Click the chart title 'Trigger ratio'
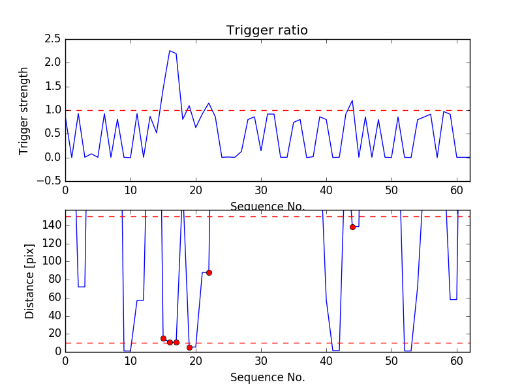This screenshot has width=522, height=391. (267, 31)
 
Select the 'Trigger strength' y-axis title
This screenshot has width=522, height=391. (24, 110)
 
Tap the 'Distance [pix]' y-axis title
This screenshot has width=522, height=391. (30, 281)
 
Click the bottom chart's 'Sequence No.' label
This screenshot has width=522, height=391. (267, 377)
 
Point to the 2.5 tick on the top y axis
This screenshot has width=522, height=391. (53, 39)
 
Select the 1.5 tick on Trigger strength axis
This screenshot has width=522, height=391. (53, 86)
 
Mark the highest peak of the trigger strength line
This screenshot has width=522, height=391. (170, 51)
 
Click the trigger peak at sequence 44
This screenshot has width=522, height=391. (352, 100)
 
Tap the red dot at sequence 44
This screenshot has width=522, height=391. (352, 227)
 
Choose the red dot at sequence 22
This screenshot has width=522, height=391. (209, 272)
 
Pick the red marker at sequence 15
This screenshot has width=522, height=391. (163, 338)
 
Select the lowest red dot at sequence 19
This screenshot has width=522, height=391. (189, 347)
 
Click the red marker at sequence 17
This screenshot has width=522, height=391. (176, 342)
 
